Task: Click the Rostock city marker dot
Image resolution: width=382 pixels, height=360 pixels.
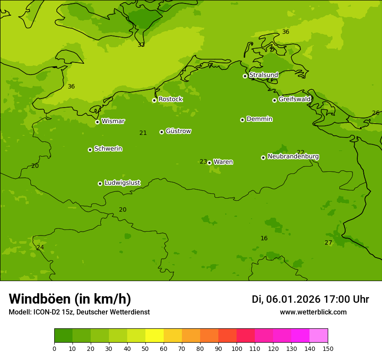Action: pos(154,100)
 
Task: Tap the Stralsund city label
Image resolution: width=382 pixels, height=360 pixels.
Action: pos(263,75)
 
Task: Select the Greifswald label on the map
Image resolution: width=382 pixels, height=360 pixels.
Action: pos(294,99)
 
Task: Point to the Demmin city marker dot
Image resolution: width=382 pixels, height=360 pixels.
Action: pos(242,120)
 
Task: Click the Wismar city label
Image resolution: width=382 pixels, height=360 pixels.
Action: pos(113,121)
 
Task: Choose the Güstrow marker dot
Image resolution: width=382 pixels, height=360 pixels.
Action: pos(161,132)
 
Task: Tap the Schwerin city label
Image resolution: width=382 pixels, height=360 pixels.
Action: pos(108,149)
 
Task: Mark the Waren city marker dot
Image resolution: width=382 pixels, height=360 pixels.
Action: pos(209,163)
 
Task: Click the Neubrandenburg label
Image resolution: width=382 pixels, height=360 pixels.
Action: pos(293,157)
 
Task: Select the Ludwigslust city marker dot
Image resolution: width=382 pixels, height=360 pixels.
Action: pos(100,183)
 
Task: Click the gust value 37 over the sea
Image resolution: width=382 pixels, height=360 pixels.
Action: pos(141,45)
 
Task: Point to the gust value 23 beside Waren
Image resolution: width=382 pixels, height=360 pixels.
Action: pos(203,162)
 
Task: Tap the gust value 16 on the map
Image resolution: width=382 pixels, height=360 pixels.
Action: pos(264,238)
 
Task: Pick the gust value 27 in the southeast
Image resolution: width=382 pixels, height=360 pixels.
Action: pos(328,242)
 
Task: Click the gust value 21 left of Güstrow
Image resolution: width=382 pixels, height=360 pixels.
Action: pos(143,133)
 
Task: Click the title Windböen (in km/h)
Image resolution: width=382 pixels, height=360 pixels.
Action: pos(70,299)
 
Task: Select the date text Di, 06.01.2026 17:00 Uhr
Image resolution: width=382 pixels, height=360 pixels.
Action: pos(310,299)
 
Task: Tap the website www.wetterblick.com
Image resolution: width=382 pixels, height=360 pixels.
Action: pos(313,312)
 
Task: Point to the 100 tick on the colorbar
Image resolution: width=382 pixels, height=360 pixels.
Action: pos(237,348)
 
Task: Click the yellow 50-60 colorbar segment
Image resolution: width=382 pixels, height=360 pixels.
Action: pos(155,335)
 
